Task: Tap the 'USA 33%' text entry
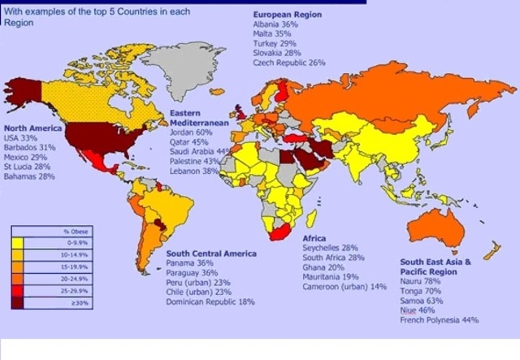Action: pyautogui.click(x=21, y=138)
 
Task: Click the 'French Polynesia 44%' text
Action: pyautogui.click(x=440, y=320)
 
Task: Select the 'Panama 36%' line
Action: pyautogui.click(x=189, y=263)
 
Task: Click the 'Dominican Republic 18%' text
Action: pyautogui.click(x=210, y=301)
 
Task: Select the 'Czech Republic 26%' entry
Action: pyautogui.click(x=289, y=63)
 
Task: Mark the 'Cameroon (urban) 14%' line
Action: pyautogui.click(x=343, y=287)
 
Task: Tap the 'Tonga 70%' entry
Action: pyautogui.click(x=422, y=292)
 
